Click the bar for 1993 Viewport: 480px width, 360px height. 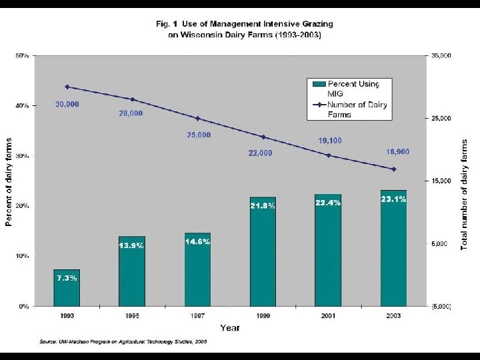coord(67,288)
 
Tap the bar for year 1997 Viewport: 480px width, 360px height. coord(197,269)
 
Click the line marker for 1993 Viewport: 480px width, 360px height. coord(67,87)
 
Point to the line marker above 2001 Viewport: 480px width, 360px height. coord(328,155)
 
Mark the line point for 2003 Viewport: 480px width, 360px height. coord(393,169)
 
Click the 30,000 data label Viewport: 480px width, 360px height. coord(67,104)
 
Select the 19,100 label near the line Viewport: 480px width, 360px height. coord(329,141)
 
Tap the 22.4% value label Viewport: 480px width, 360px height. coord(328,203)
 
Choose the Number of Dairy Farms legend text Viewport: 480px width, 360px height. coord(357,109)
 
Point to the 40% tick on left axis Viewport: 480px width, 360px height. coord(22,105)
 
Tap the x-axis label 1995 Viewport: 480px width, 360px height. coord(132,315)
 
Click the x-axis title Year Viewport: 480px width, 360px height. coord(229,327)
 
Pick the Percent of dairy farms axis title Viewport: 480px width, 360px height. coord(9,181)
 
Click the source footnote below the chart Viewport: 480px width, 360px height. coord(123,341)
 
